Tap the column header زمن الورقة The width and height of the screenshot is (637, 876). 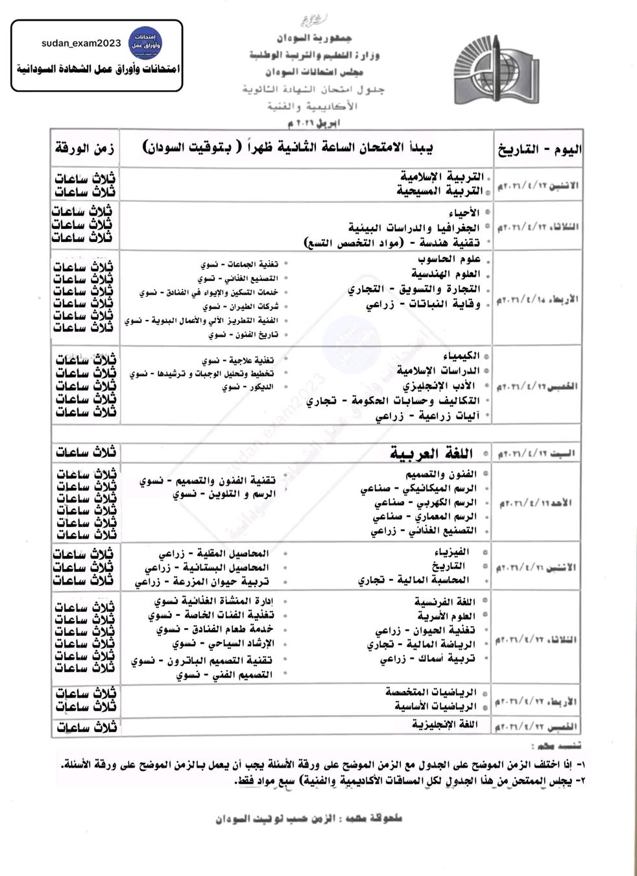point(85,149)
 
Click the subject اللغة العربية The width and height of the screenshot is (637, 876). point(431,453)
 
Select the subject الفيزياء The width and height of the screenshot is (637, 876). point(451,552)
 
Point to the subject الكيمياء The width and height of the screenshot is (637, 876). point(461,356)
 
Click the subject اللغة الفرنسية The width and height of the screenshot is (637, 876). point(445,602)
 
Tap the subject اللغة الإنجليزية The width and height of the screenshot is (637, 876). point(444,724)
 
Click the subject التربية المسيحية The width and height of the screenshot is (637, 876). point(440,191)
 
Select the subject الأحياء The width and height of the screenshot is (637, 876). point(464,213)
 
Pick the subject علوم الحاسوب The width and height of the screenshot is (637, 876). point(449,260)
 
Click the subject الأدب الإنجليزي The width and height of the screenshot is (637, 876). point(439,385)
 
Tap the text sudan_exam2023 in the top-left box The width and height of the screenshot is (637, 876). point(81,43)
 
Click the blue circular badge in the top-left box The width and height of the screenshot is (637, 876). point(145,43)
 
